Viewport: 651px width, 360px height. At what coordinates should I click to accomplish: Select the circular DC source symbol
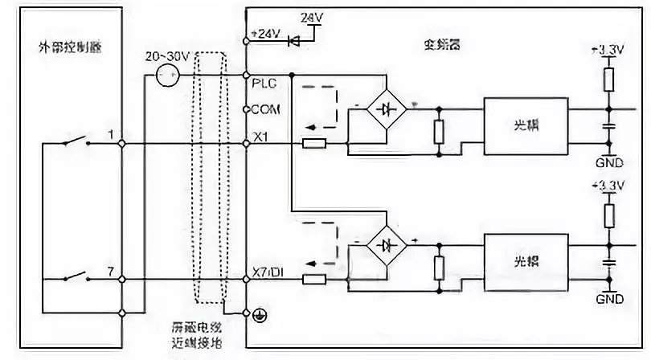tap(167, 77)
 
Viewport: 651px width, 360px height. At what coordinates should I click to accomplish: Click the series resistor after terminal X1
tap(313, 144)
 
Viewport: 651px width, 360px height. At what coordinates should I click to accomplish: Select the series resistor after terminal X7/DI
tap(313, 280)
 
